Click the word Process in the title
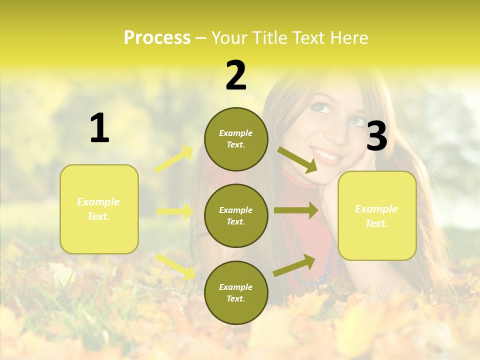157,38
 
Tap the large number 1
99,128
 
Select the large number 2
236,75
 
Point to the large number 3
376,136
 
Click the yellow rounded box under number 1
99,209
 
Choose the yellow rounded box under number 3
377,216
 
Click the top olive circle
236,139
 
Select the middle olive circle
236,215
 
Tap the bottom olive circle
236,292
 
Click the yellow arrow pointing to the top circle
174,159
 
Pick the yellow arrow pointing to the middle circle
175,211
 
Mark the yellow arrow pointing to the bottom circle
175,265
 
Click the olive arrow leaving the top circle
298,160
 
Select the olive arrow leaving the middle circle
296,210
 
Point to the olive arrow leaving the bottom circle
294,265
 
